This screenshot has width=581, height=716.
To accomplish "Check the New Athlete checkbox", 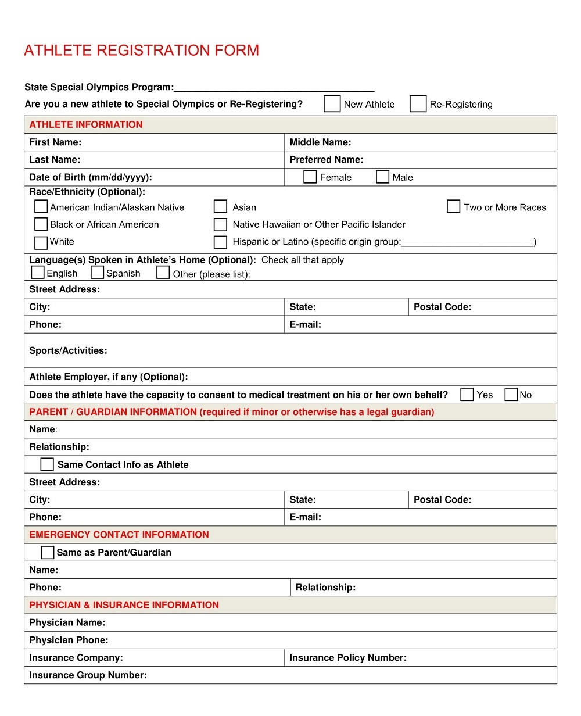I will click(332, 104).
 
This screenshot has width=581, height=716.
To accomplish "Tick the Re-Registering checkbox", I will click(418, 104).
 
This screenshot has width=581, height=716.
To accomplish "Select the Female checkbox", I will click(310, 177).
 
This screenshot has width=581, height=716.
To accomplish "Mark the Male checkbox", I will click(382, 177).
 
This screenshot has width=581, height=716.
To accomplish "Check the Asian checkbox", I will click(220, 207).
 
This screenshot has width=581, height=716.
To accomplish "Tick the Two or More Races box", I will click(453, 207).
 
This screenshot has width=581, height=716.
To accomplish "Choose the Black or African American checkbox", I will click(41, 224).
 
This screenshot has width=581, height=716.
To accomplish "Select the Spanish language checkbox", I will click(98, 273).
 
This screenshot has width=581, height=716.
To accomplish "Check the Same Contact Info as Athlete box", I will click(47, 464).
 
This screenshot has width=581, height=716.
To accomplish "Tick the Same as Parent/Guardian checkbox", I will click(47, 552).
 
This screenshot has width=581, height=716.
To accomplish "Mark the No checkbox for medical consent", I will click(511, 395).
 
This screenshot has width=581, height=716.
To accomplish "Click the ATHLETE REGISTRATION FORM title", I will click(141, 51).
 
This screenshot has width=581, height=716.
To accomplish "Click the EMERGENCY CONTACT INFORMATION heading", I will click(119, 535).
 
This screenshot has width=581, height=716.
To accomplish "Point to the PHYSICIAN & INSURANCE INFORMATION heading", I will click(124, 605).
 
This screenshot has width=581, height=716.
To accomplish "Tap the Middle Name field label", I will click(320, 142).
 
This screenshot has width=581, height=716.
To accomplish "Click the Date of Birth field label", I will click(91, 177).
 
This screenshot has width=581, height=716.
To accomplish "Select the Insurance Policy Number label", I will click(348, 658).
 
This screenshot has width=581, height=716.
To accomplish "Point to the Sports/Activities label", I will click(68, 351).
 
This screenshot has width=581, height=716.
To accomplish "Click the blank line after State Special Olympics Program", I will click(274, 88).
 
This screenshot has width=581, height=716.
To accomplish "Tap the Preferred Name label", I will click(327, 160).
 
